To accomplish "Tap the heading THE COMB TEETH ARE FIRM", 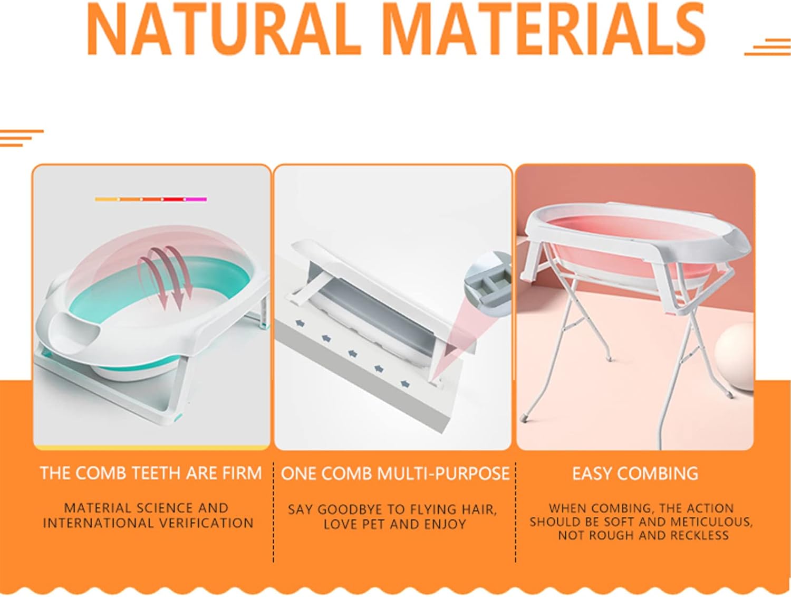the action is click(151, 473).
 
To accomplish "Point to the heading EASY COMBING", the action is click(635, 473).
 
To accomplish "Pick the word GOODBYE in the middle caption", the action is click(349, 510).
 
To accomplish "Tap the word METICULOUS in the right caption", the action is click(712, 522).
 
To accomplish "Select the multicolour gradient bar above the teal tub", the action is click(151, 199).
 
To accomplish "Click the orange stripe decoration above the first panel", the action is click(21, 138).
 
